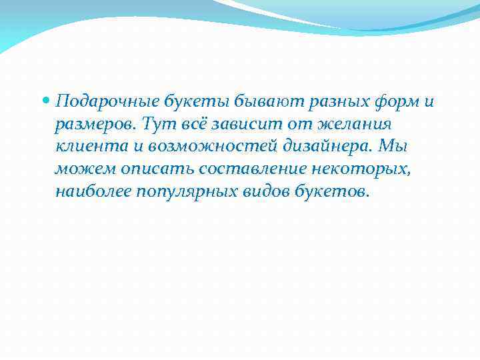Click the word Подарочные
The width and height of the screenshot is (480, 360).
tap(107, 102)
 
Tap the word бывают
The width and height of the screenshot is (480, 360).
tap(257, 101)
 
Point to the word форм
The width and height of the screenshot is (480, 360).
tap(392, 102)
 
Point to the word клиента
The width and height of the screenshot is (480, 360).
tap(83, 147)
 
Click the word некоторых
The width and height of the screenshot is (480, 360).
tap(355, 169)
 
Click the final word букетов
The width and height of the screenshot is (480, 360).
tap(333, 192)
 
